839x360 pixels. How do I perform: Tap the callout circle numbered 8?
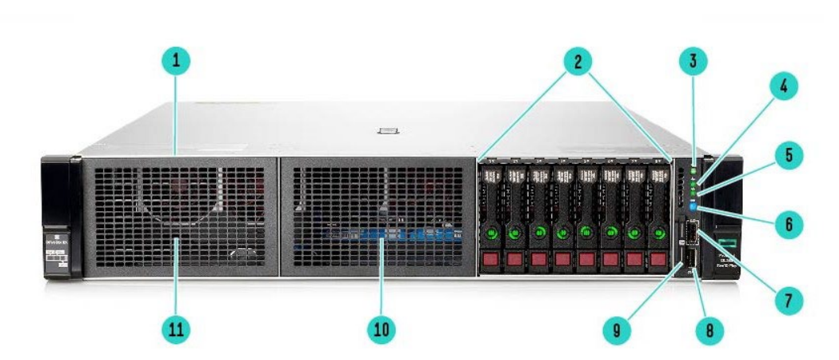pyautogui.click(x=704, y=330)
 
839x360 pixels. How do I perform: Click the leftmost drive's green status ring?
pyautogui.click(x=492, y=234)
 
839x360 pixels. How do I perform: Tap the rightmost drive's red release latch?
pyautogui.click(x=659, y=260)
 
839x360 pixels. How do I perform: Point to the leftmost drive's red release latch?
pyautogui.click(x=492, y=260)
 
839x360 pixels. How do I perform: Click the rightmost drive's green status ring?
pyautogui.click(x=659, y=234)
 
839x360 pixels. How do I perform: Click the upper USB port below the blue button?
pyautogui.click(x=691, y=232)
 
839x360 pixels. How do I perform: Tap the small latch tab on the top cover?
pyautogui.click(x=389, y=130)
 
